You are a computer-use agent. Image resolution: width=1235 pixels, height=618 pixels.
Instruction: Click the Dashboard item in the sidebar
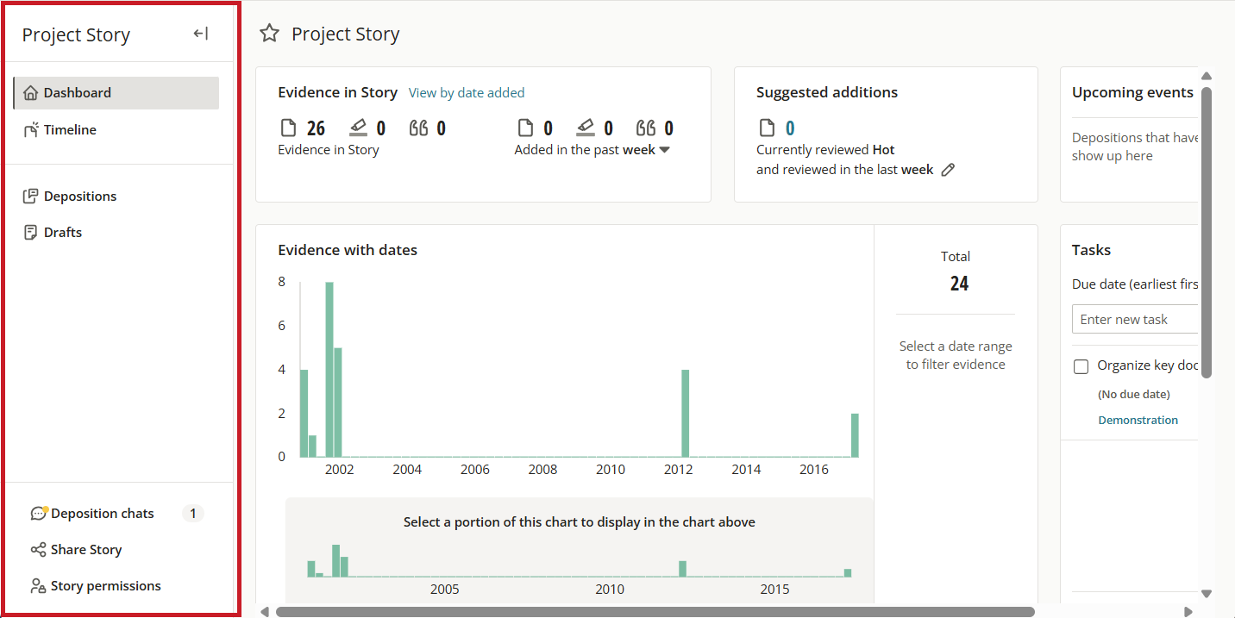(116, 92)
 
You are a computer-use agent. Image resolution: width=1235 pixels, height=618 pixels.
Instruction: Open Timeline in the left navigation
(60, 130)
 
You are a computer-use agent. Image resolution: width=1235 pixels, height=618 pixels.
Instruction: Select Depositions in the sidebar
(70, 196)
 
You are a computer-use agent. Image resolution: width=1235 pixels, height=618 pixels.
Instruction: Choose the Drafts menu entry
(53, 233)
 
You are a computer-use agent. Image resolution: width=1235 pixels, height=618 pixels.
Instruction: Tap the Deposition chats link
(92, 514)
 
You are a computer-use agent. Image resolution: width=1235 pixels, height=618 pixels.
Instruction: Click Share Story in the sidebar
(77, 550)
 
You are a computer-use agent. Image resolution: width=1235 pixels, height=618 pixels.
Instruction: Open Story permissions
(96, 585)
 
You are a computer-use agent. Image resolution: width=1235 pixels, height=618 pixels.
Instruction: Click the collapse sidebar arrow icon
(201, 34)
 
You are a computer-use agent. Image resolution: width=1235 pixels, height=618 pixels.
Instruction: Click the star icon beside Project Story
(270, 34)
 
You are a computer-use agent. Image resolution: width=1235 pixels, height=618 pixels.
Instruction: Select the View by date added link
(467, 92)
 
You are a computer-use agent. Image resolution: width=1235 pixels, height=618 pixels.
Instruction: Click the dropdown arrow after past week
(665, 150)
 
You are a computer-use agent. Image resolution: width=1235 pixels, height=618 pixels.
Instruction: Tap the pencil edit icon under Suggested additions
(948, 170)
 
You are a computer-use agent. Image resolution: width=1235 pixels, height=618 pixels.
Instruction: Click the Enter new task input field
(1135, 320)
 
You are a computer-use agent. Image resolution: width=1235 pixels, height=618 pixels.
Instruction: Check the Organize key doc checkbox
(1081, 366)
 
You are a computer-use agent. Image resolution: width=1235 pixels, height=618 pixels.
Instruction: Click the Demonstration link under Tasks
(1138, 421)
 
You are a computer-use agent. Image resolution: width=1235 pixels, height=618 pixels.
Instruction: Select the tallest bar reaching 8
(329, 370)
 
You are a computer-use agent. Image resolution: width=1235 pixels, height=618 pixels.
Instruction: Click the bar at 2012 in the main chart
(686, 413)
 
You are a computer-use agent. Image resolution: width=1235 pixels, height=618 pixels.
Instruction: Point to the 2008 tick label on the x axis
(542, 469)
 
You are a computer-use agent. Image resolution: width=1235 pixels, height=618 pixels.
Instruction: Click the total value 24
(959, 284)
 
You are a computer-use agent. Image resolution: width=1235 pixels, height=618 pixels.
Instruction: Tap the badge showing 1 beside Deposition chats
(193, 514)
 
